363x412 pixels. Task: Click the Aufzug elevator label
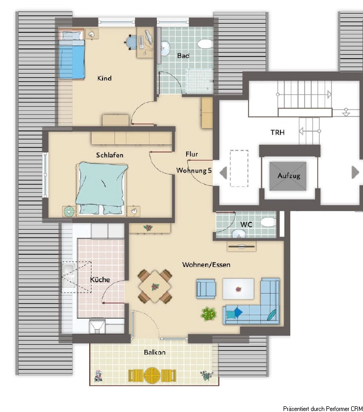(289, 176)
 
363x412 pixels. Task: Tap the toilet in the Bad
(205, 44)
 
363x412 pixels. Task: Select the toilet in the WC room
(268, 222)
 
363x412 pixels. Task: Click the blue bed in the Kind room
(72, 55)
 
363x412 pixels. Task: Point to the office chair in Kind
(131, 42)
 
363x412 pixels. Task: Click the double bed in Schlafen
(101, 188)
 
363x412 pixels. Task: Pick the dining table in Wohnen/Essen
(155, 286)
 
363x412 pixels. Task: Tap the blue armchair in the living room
(206, 289)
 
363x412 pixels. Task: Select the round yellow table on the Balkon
(152, 375)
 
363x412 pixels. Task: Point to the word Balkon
(155, 352)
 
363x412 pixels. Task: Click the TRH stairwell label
(277, 132)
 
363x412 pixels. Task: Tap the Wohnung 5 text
(194, 170)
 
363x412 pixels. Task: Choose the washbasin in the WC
(239, 233)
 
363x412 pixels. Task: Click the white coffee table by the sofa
(238, 289)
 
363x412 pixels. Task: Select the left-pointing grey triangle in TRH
(223, 173)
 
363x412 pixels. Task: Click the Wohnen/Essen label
(206, 265)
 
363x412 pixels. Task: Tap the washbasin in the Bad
(165, 48)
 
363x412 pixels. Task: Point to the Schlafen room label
(110, 155)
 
